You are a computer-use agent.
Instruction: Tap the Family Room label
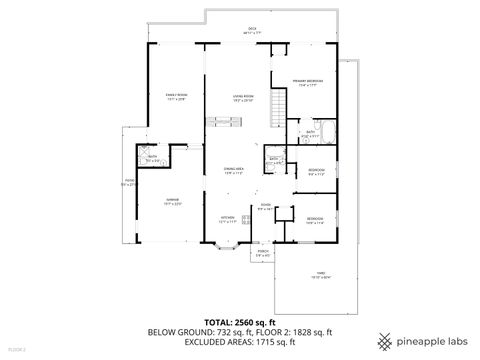pos(176,97)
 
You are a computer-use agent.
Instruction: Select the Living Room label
pos(241,97)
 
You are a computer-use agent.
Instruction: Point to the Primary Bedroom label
pos(306,82)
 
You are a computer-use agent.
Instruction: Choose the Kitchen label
pos(227,218)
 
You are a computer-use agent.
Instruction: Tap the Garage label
pos(171,201)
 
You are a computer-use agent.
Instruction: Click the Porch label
pos(263,253)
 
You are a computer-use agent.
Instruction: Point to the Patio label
pos(127,183)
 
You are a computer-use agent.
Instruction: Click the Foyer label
pos(265,206)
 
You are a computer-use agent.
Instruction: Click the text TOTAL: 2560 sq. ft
pos(240,322)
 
